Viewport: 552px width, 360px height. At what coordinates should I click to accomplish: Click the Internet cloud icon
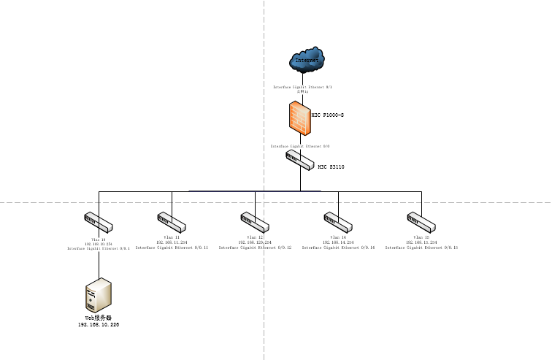click(x=307, y=61)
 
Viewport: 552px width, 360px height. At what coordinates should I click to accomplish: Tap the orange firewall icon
click(x=299, y=118)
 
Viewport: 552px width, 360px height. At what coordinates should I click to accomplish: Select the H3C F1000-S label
click(x=327, y=115)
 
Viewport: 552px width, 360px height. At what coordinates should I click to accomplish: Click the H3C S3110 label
click(x=331, y=167)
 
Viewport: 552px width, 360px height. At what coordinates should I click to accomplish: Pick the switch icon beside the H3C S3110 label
click(x=299, y=161)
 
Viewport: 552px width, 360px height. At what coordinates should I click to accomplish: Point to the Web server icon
click(x=99, y=295)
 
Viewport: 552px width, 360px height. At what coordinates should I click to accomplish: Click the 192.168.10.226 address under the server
click(x=99, y=324)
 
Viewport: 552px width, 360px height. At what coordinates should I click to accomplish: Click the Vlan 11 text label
click(x=172, y=237)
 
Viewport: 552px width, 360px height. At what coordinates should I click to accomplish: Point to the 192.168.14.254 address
click(x=338, y=242)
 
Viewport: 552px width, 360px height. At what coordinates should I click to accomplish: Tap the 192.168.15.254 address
click(x=421, y=242)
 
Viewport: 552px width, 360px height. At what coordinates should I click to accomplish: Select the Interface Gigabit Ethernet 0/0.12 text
click(x=255, y=248)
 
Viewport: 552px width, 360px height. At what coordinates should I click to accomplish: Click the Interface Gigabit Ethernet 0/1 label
click(x=302, y=87)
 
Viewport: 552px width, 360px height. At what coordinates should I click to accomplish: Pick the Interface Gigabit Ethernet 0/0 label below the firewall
click(x=299, y=146)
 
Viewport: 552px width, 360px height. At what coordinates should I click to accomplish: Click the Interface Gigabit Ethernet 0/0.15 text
click(x=421, y=248)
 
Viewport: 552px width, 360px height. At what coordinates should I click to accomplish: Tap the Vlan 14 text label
click(x=338, y=237)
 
